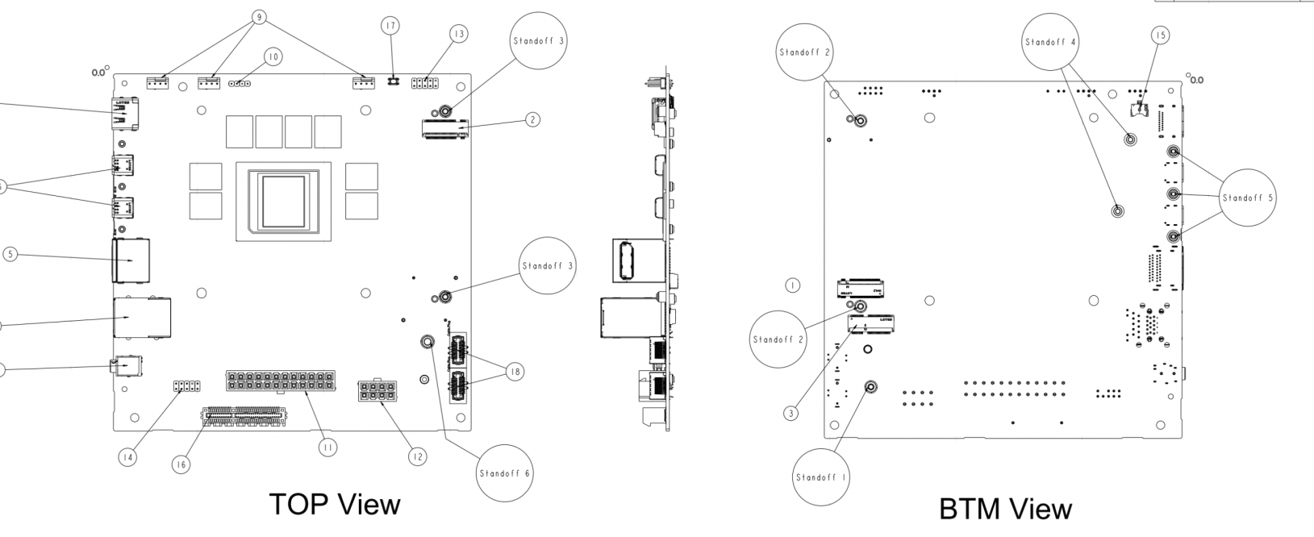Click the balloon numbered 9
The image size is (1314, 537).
(259, 16)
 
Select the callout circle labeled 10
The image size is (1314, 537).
(273, 57)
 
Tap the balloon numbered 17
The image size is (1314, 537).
(390, 27)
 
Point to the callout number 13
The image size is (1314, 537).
(459, 34)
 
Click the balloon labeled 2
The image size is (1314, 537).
(532, 119)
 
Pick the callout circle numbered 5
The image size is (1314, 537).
(10, 255)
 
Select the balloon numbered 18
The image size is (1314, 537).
(515, 372)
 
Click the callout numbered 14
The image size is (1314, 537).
(127, 457)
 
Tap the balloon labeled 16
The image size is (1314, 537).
(181, 464)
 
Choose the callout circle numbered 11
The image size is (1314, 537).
(327, 447)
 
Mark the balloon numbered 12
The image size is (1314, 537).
(416, 456)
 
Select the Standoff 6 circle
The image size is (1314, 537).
(504, 473)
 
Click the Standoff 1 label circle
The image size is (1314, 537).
(820, 477)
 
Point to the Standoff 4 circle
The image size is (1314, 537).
(1050, 42)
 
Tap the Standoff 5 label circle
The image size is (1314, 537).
(1248, 198)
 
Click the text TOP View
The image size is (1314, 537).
(334, 504)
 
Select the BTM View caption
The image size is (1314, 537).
(1005, 509)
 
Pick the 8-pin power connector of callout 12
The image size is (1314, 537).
(377, 393)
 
